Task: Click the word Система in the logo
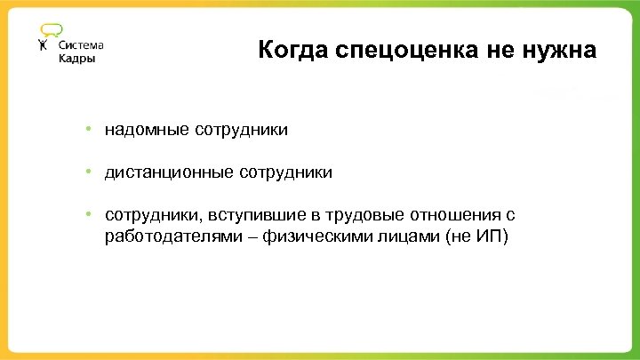81,45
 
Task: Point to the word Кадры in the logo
76,59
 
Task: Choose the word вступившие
252,215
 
